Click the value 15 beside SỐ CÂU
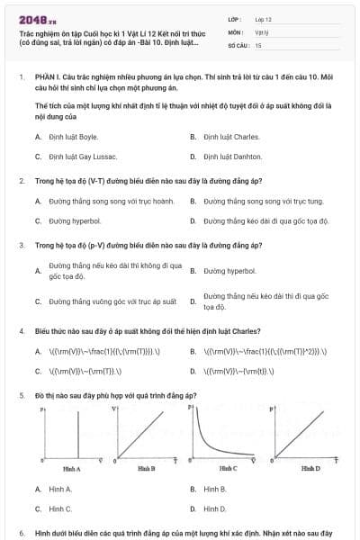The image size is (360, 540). [258, 45]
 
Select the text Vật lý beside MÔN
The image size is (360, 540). [262, 31]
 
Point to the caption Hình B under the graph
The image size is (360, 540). [147, 469]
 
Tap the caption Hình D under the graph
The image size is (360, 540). [310, 469]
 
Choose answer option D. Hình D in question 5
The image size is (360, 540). [214, 508]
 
